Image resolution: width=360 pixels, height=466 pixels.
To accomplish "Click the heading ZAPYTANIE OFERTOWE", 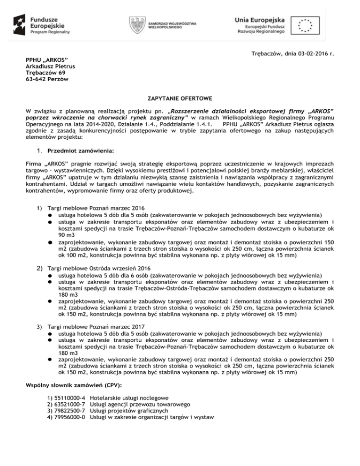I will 180,99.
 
